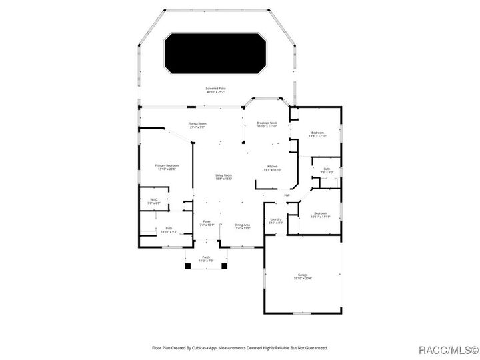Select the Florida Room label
coord(197,125)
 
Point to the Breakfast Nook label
coord(267,124)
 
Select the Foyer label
coord(207,223)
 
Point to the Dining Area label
coord(242,226)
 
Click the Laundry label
coord(275,220)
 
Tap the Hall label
coord(287,195)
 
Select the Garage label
coord(303,275)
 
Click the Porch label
coord(206,259)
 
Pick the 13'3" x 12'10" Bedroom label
coord(317,134)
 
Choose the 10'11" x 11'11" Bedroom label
coord(321,214)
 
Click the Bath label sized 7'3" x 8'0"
coord(327,170)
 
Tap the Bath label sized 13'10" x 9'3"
coord(169,229)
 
